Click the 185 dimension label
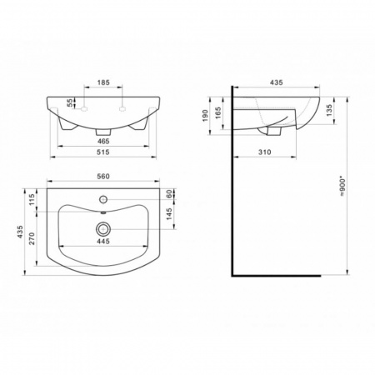point(103,82)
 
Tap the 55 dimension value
point(70,102)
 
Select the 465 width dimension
point(103,141)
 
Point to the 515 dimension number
point(103,152)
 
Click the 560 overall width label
point(103,177)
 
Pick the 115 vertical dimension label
point(32,200)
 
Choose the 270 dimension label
point(32,238)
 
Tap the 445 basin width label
point(103,242)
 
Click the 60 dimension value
point(169,194)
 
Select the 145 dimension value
point(169,214)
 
